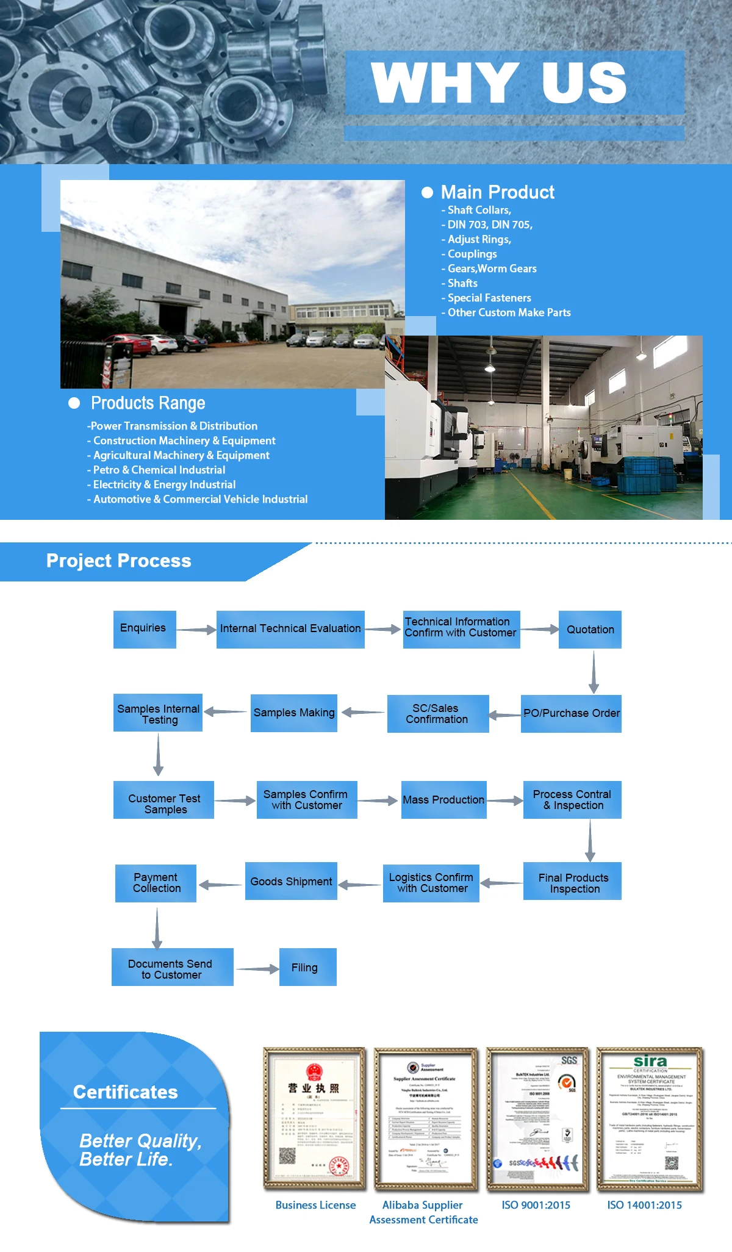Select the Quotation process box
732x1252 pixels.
(590, 629)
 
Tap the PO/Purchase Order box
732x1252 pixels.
(571, 713)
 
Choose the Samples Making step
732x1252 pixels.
(293, 713)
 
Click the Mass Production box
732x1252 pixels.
(443, 800)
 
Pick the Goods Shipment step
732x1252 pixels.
(291, 881)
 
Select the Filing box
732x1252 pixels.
(307, 967)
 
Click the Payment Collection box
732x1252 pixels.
(156, 883)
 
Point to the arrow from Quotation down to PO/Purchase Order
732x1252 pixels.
(594, 671)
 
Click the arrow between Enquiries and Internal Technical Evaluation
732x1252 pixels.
(196, 630)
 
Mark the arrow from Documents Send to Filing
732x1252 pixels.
(257, 969)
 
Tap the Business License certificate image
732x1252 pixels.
(315, 1118)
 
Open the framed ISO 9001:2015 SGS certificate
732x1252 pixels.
(537, 1118)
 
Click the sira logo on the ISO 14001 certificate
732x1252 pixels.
(650, 1062)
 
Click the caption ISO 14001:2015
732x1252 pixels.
(644, 1205)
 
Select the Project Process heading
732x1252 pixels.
(119, 561)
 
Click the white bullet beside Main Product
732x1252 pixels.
(428, 193)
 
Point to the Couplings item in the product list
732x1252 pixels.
(472, 254)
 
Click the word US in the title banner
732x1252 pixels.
(584, 83)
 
